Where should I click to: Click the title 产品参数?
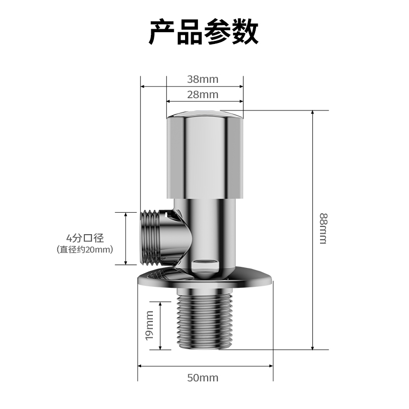[x=203, y=32]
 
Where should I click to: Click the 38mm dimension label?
[x=202, y=79]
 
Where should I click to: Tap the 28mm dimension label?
[x=202, y=95]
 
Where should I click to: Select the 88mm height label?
[x=323, y=229]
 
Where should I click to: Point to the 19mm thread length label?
[x=149, y=326]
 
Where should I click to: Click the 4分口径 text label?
[x=85, y=238]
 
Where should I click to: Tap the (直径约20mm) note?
[x=85, y=249]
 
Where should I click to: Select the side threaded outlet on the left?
[x=153, y=237]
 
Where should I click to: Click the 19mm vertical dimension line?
[x=161, y=326]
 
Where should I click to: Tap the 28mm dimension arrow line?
[x=204, y=101]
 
